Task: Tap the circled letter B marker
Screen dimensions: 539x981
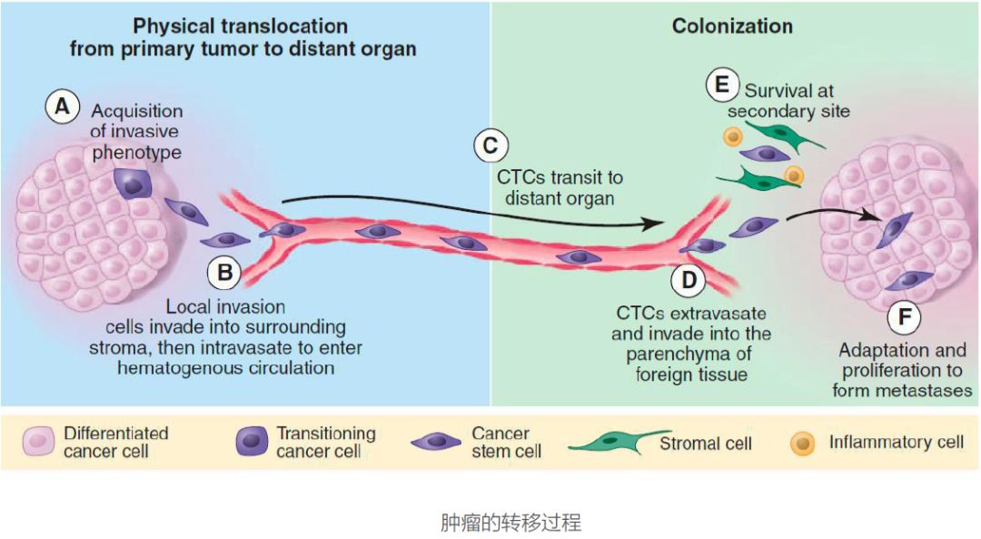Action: pos(223,271)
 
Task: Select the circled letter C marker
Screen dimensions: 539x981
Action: pos(490,145)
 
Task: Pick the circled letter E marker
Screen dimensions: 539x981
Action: pos(722,86)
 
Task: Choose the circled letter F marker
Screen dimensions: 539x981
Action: pos(905,317)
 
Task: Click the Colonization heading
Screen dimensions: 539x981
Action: pos(732,26)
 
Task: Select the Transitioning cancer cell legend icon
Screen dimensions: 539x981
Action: pos(253,443)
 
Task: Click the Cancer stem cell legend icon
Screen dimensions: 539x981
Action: pos(437,443)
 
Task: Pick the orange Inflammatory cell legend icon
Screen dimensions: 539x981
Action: pos(803,444)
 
